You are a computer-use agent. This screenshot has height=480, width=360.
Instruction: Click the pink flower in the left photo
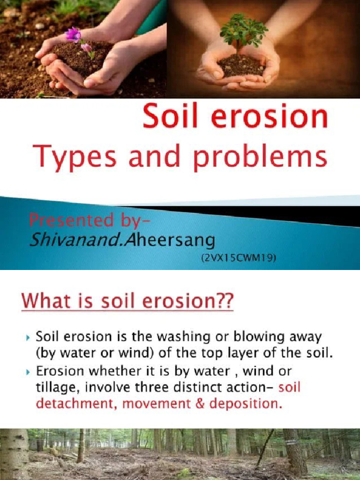[x=74, y=35]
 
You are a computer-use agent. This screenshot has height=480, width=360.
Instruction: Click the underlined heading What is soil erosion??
[x=127, y=300]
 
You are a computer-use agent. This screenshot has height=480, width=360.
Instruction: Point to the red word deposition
[x=246, y=404]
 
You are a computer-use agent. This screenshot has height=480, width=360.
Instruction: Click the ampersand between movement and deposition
[x=199, y=404]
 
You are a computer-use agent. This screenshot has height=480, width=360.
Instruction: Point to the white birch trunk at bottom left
[x=14, y=455]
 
